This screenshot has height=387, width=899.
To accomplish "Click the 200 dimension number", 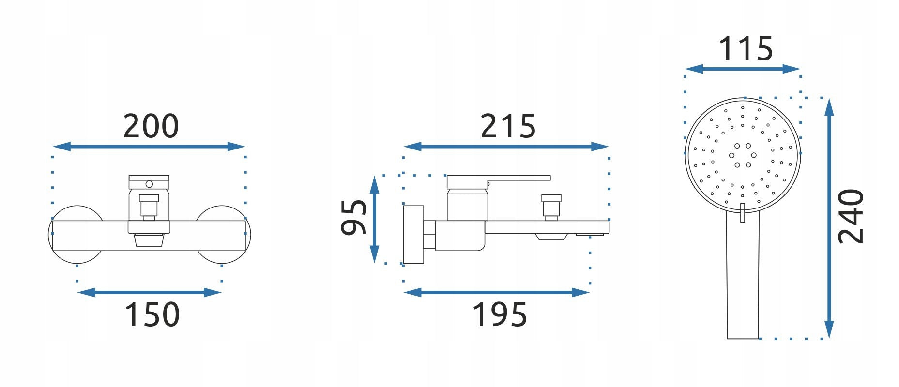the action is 151,126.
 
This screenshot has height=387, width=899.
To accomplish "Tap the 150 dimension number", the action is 152,314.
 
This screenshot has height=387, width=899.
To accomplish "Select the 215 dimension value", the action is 508,126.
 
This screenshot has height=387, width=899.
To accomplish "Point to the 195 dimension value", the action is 499,314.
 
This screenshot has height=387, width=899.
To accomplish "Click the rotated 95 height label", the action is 354,217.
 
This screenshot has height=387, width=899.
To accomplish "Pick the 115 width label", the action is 745,49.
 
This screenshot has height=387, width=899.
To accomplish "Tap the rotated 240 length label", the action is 851,216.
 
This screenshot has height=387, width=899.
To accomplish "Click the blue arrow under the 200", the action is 149,147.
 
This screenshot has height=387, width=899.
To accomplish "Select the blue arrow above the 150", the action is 150,292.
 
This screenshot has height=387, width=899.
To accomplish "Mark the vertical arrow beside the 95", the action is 374,219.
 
